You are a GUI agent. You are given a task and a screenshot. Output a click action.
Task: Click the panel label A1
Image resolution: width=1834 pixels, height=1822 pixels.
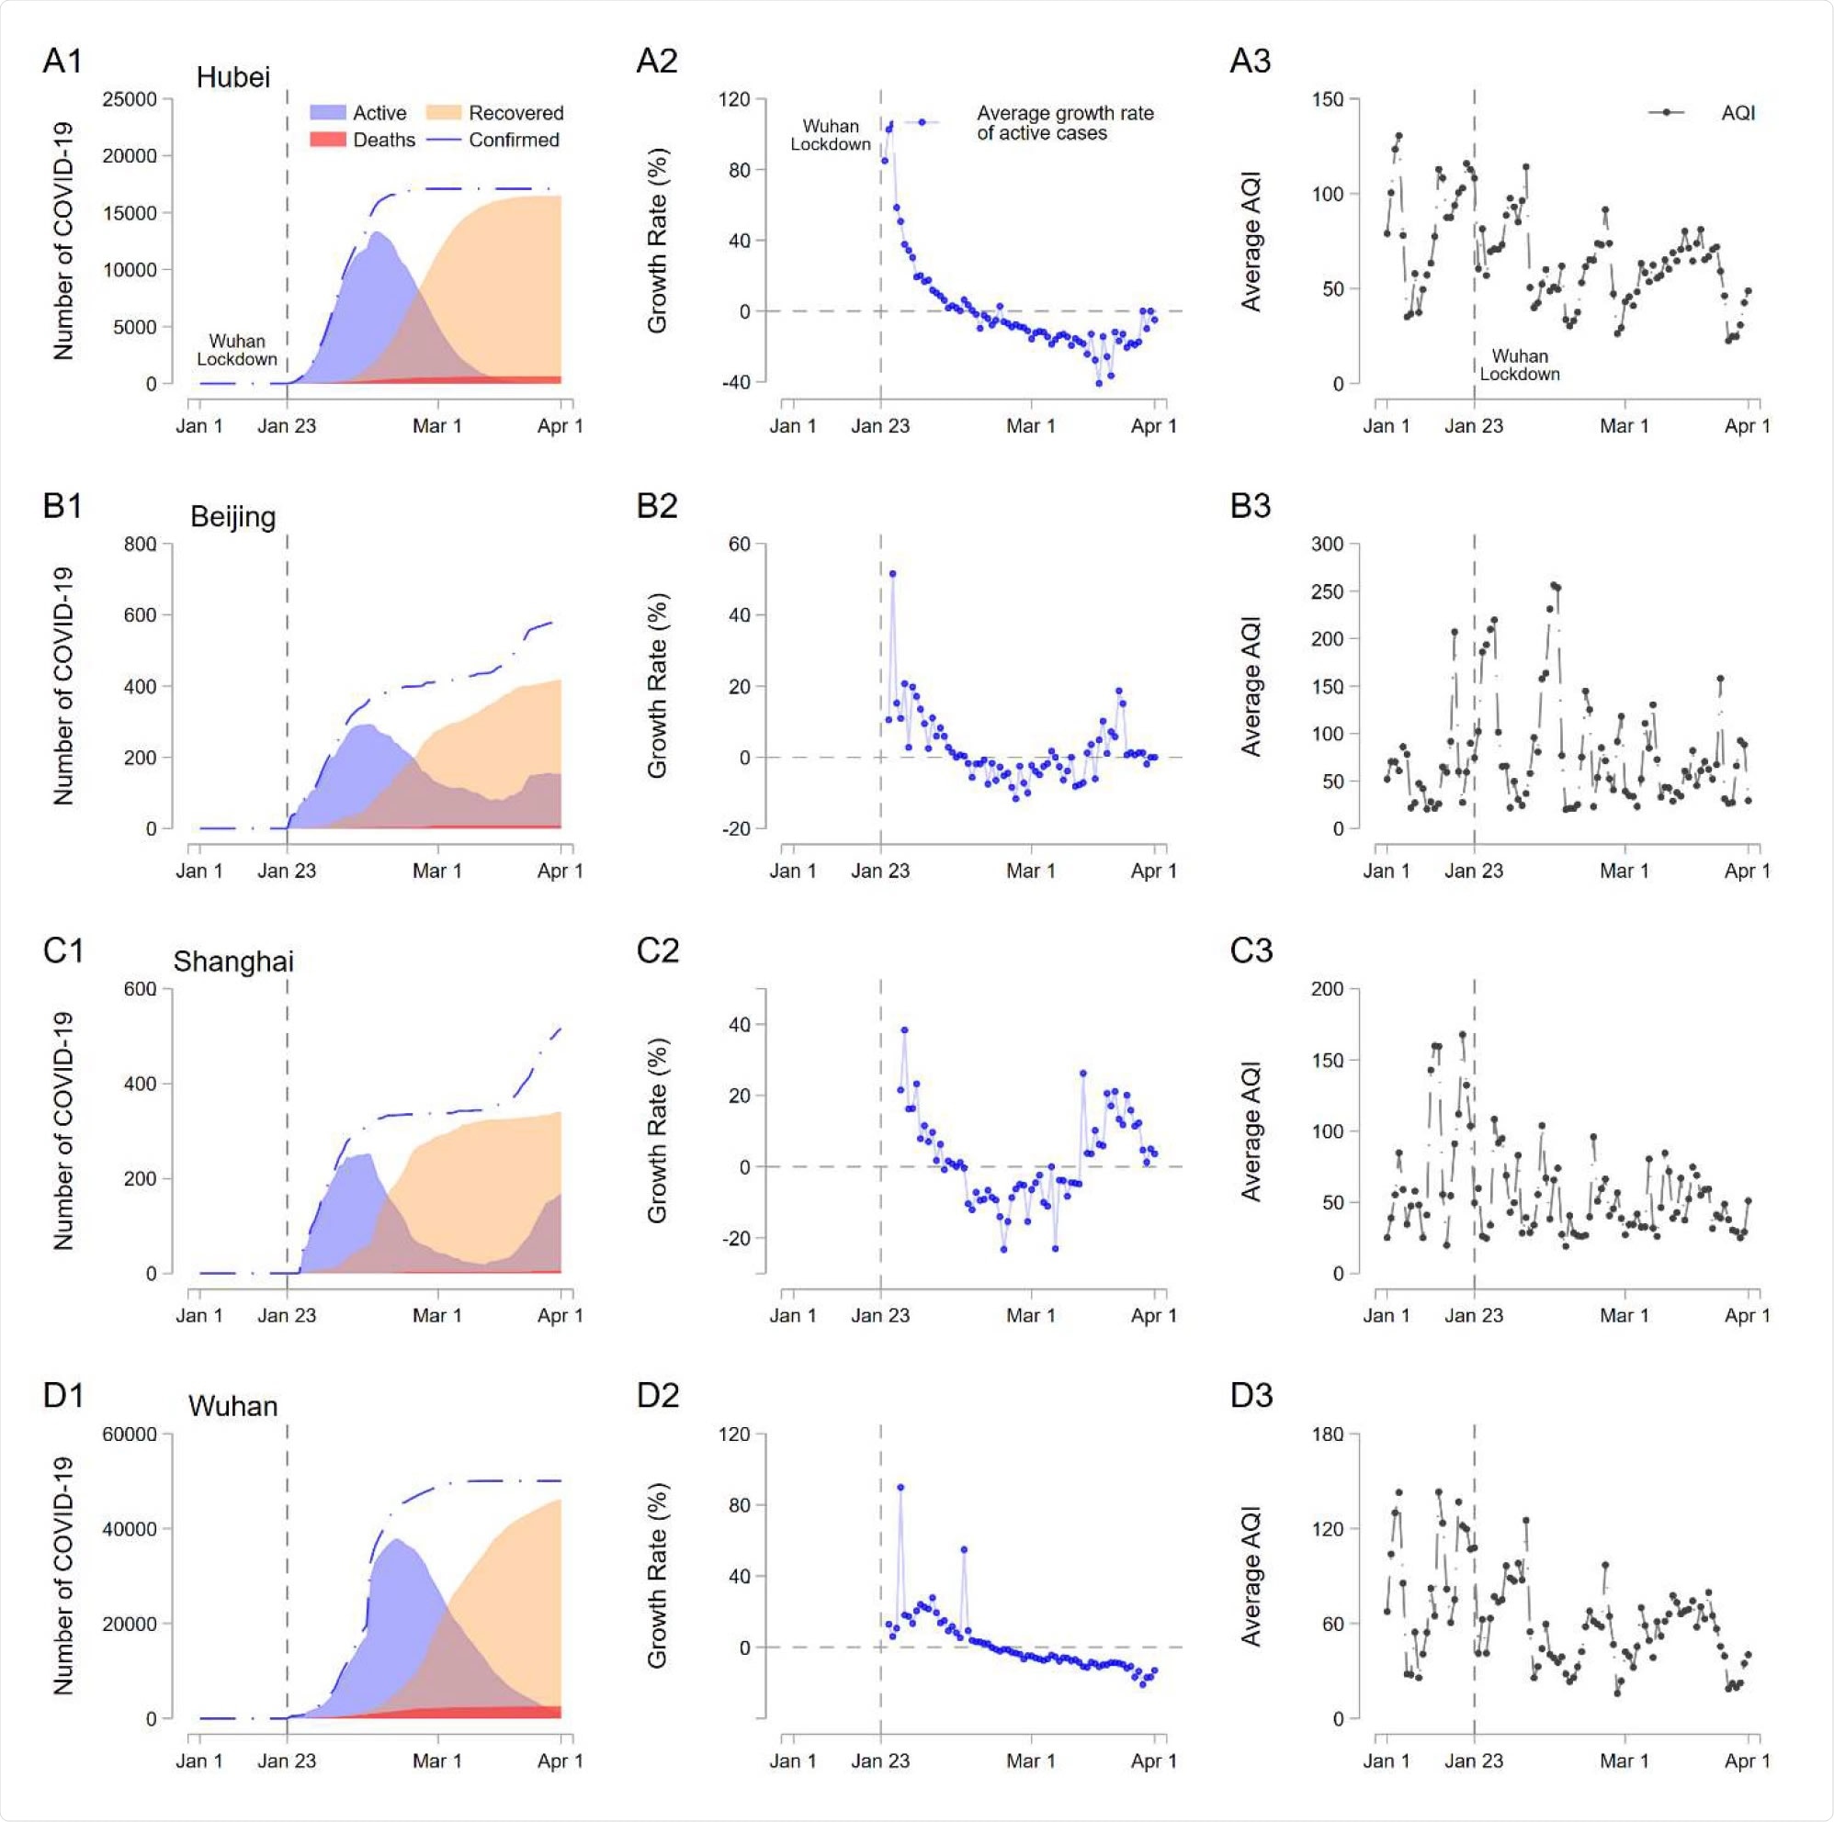tap(62, 61)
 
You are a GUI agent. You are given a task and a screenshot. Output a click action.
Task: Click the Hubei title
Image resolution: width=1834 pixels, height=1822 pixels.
tap(232, 77)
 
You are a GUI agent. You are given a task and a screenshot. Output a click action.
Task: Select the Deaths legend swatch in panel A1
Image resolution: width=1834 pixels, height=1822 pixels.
tap(326, 140)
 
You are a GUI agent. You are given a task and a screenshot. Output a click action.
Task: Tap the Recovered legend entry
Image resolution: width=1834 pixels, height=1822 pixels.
tap(515, 113)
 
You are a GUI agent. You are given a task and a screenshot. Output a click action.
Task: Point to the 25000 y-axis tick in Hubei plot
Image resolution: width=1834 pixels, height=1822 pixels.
tap(130, 99)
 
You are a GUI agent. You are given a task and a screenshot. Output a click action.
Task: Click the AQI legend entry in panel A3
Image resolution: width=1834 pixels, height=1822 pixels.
tap(1737, 113)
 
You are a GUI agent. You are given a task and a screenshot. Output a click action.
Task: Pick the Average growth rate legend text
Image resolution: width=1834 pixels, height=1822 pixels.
tap(1064, 123)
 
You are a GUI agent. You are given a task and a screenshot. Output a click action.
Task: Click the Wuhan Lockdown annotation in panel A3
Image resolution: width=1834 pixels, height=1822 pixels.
tap(1519, 365)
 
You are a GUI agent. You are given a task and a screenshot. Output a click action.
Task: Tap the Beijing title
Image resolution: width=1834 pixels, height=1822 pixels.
tap(232, 516)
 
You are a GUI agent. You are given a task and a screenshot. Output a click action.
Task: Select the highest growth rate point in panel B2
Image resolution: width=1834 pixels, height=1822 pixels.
tap(892, 574)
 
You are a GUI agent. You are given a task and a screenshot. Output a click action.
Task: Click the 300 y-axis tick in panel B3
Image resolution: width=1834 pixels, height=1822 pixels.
tap(1327, 544)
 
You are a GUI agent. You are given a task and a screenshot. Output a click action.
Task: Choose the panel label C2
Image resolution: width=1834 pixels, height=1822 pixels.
tap(657, 950)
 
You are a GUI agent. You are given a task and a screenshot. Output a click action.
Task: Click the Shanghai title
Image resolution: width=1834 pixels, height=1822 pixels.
tap(232, 962)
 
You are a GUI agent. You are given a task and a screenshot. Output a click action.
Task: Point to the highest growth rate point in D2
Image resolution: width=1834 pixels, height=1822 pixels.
tap(900, 1487)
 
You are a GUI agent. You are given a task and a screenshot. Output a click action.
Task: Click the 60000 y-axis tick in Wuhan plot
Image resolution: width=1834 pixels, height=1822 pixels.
tap(130, 1433)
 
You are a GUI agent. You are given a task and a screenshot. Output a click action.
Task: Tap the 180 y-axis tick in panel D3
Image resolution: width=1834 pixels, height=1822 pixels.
tap(1327, 1433)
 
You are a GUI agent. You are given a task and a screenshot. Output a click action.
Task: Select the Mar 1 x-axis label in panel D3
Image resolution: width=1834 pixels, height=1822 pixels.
tap(1624, 1760)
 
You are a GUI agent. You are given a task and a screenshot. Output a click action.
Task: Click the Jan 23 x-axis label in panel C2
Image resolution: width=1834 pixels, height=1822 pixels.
tap(880, 1315)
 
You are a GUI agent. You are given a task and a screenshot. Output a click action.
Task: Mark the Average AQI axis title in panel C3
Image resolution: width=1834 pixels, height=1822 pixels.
tap(1251, 1130)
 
